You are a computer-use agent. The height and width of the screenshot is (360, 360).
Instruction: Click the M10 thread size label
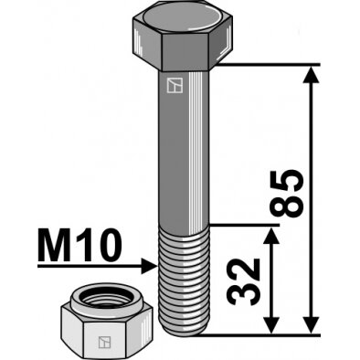pos(79,246)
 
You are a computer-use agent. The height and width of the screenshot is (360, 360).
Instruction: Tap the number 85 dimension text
pos(287,194)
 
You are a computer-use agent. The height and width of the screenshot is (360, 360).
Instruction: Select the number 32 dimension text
pos(243,282)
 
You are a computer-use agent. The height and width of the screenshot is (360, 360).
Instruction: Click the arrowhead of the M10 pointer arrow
pos(149,266)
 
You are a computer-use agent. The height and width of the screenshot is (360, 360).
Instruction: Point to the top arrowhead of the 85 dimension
pos(311,75)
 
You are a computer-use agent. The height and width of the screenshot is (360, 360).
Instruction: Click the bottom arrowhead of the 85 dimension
pos(311,325)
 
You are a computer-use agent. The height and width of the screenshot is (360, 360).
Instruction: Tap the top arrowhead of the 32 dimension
pos(271,236)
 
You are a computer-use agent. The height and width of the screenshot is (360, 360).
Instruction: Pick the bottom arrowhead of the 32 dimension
pos(271,325)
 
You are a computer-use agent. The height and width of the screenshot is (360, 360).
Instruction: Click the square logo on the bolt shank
pos(175,85)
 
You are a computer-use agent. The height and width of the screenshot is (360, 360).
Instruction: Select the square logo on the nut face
pos(104,342)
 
